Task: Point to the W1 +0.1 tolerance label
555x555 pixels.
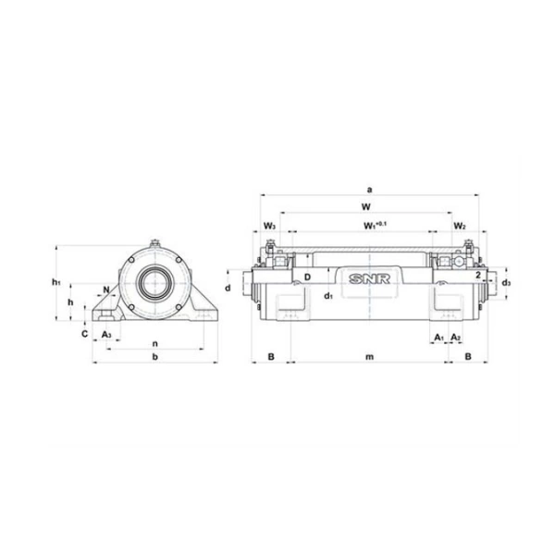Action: click(374, 225)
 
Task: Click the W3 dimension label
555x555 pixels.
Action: click(268, 226)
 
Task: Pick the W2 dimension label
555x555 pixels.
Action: click(460, 226)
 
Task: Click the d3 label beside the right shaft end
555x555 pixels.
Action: click(506, 283)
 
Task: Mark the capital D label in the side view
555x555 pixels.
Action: click(307, 277)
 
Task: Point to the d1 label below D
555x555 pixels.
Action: click(328, 295)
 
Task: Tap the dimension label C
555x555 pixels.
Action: click(84, 333)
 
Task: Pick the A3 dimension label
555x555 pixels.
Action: click(106, 333)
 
